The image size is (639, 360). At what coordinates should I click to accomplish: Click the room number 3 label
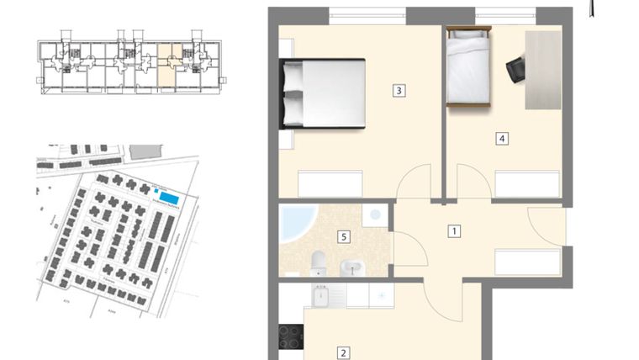click(x=400, y=91)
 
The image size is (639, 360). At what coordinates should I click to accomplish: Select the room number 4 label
click(x=502, y=139)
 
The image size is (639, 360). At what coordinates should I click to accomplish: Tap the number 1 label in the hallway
click(x=454, y=230)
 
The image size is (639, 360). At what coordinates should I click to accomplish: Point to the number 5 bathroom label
click(x=344, y=236)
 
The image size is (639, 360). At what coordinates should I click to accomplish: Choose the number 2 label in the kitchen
click(x=343, y=353)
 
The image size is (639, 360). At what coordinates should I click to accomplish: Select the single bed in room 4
click(x=468, y=66)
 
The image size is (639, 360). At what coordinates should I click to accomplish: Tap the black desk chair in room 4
click(x=515, y=69)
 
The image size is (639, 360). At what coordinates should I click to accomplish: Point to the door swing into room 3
click(x=415, y=183)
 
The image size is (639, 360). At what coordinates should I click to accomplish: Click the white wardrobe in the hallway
click(x=528, y=262)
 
